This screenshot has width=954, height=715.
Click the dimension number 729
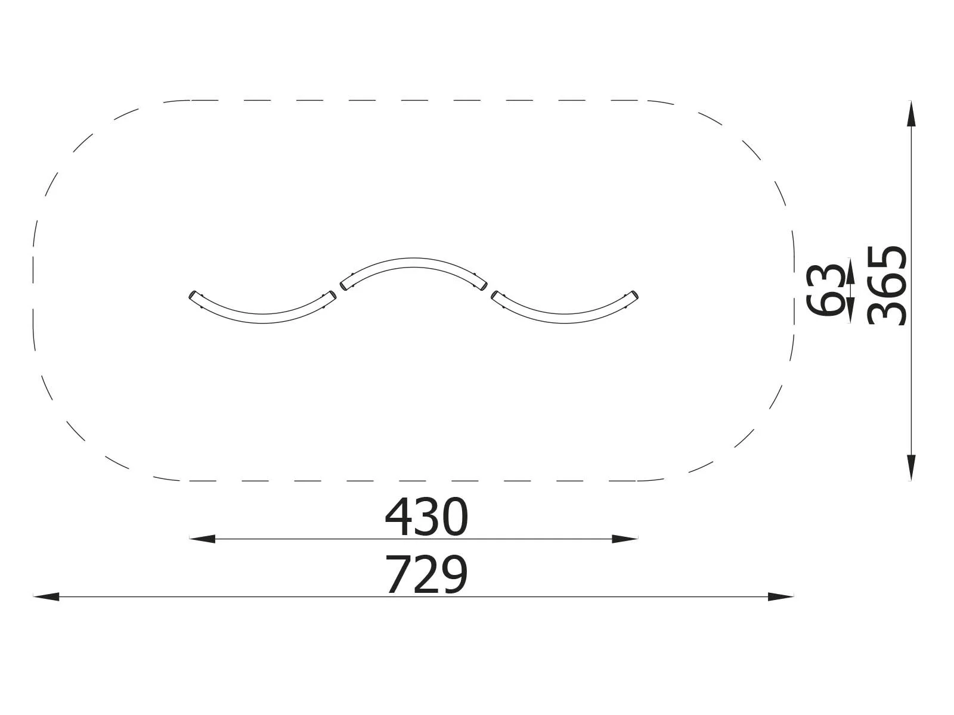[426, 574]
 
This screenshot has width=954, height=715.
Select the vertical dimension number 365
[887, 285]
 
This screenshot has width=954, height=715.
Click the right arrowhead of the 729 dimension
[780, 596]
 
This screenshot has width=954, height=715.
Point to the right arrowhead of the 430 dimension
[625, 539]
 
